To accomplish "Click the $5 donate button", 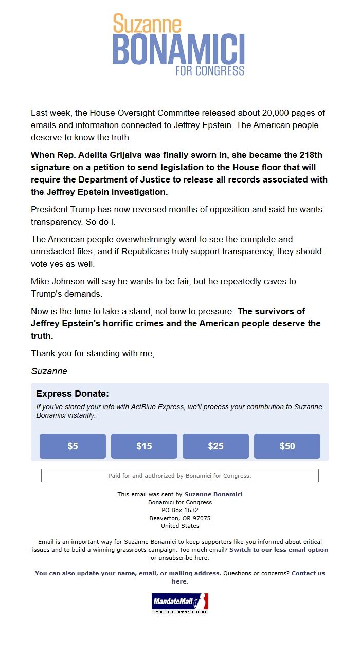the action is click(x=73, y=446).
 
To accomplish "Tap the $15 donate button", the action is click(x=144, y=446).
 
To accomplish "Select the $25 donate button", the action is click(x=215, y=446).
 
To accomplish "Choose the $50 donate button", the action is click(x=287, y=446).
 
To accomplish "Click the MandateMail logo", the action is click(x=180, y=603).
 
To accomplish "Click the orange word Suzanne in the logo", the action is click(x=147, y=24).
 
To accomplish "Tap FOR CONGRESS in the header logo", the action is click(x=210, y=70).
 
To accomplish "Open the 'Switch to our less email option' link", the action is click(x=278, y=550).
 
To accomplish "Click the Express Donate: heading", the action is click(x=73, y=394).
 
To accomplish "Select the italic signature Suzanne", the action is click(x=49, y=371).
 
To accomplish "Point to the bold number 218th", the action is click(x=311, y=155).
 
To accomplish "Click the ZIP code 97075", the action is click(x=200, y=518).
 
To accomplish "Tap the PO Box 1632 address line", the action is click(x=180, y=510).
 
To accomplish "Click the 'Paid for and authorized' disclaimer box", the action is click(x=180, y=476).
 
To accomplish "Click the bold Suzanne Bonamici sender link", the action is click(x=213, y=494).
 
